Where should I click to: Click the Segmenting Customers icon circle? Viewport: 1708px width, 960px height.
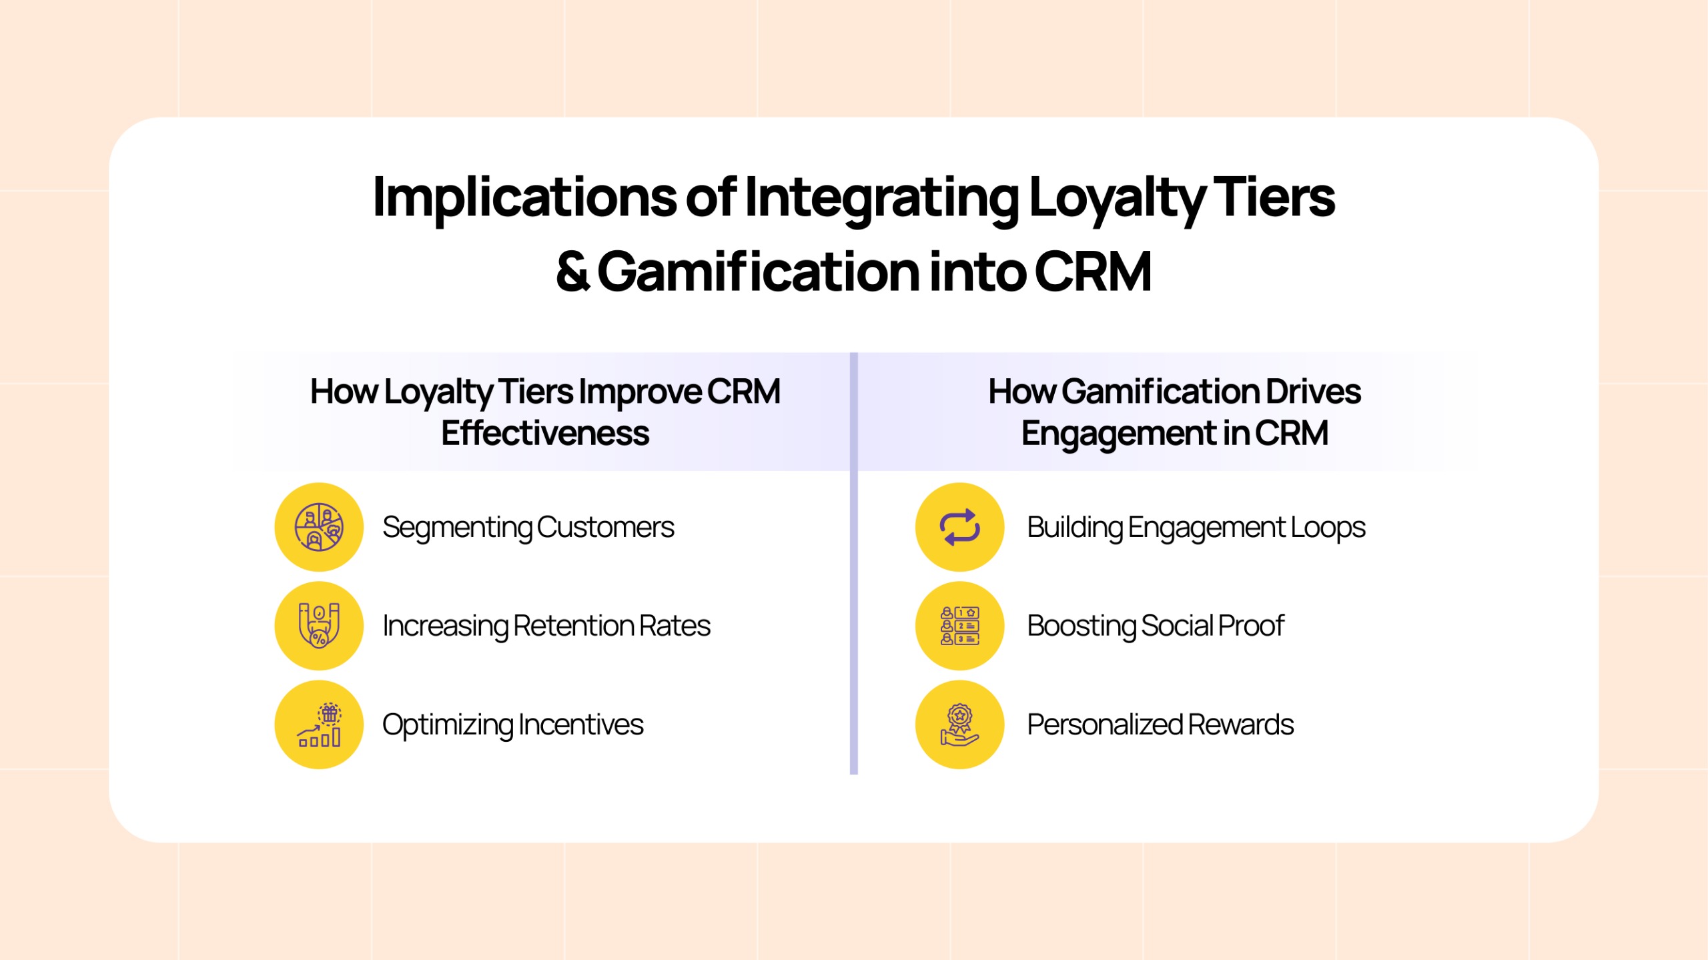pos(319,527)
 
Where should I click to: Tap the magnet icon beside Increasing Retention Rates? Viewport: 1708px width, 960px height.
pos(319,626)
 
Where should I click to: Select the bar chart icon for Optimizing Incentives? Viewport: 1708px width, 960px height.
pos(319,725)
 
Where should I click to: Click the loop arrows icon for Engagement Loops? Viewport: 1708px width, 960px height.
pos(959,527)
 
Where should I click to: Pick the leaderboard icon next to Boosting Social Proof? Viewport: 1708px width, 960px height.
pos(959,626)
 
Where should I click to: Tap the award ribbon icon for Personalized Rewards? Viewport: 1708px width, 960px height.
pos(959,725)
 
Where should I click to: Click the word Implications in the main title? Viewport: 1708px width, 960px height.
pos(525,198)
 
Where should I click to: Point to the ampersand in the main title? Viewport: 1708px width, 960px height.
pos(572,272)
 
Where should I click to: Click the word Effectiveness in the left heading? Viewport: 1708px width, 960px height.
pos(545,433)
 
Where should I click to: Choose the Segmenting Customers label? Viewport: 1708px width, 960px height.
pos(528,528)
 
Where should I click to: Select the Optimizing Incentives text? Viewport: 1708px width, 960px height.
pos(512,725)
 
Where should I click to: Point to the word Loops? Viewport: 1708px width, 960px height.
pos(1328,528)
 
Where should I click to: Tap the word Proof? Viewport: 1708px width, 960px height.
pos(1252,626)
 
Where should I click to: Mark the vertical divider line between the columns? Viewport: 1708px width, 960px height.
pos(853,563)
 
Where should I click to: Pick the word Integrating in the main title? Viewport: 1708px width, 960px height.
pos(882,198)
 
